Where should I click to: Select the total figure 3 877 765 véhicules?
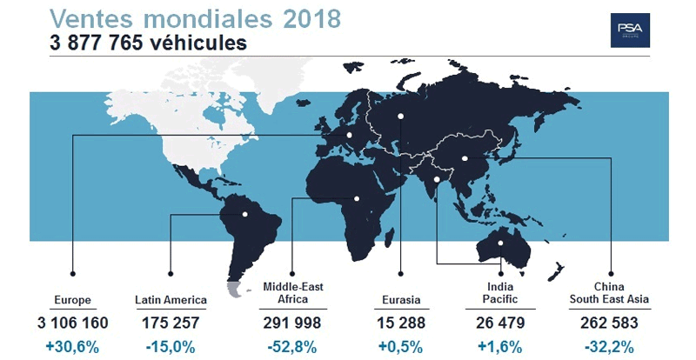click(x=131, y=42)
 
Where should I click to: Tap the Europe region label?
click(x=71, y=300)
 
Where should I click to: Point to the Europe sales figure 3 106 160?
click(x=71, y=323)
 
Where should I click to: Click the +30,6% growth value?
click(x=71, y=345)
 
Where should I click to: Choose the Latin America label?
click(x=171, y=300)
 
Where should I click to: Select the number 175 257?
click(x=171, y=323)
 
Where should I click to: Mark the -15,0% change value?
click(x=171, y=345)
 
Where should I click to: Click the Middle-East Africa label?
click(x=292, y=293)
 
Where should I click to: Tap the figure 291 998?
click(x=292, y=323)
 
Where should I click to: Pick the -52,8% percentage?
click(x=292, y=345)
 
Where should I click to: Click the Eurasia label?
click(x=401, y=300)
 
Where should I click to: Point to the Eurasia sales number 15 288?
click(x=401, y=323)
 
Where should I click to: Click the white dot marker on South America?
click(x=245, y=214)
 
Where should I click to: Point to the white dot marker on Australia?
click(x=500, y=243)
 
